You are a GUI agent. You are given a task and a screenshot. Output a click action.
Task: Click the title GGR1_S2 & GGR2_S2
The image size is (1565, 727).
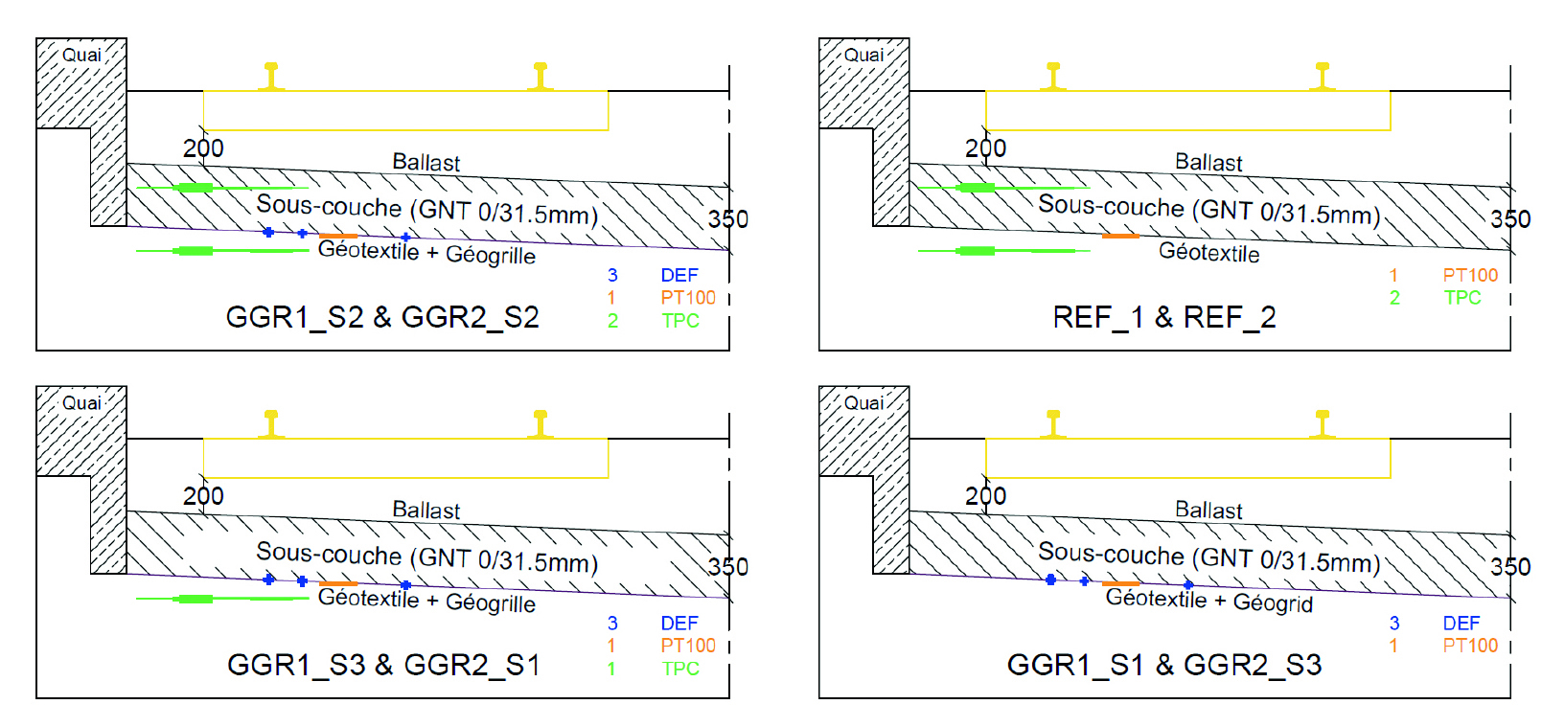[382, 317]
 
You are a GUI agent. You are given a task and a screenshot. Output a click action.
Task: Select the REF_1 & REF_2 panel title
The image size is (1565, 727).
[1164, 317]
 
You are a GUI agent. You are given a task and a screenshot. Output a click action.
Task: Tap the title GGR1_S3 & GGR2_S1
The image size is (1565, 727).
[383, 665]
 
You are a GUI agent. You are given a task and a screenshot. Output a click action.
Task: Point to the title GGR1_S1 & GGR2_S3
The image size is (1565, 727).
[1164, 665]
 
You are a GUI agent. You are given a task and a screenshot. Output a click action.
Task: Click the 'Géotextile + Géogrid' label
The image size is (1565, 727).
[1209, 601]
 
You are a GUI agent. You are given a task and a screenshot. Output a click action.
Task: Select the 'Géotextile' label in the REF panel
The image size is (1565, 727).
[1208, 252]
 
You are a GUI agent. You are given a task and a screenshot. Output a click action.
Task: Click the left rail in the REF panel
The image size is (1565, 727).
[1053, 77]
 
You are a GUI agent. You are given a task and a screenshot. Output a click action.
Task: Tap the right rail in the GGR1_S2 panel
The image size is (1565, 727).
[541, 77]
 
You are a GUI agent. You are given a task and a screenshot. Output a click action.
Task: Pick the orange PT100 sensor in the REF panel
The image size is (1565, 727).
[1120, 236]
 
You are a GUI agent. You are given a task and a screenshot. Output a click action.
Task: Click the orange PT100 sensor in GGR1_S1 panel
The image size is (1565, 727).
[1120, 584]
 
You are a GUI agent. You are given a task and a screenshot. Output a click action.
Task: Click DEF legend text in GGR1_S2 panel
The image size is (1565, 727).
[679, 275]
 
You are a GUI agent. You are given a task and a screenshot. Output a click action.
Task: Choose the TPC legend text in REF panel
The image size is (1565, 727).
[1462, 298]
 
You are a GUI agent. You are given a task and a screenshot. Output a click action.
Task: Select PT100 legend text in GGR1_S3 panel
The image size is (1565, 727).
[688, 646]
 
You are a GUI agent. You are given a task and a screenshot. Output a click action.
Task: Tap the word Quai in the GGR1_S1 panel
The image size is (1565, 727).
[864, 403]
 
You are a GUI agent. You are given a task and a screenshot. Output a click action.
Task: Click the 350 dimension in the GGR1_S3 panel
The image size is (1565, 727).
[728, 566]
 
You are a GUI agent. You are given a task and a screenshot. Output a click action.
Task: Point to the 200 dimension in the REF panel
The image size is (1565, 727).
[986, 148]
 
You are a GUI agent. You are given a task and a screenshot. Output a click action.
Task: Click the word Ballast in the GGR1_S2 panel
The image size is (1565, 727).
[426, 162]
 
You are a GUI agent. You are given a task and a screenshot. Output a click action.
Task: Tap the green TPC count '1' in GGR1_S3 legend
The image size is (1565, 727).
[611, 669]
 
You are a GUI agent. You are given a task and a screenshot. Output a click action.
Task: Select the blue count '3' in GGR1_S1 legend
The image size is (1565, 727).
[1393, 623]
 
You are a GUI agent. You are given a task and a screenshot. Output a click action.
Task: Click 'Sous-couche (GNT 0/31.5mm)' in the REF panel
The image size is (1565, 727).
[1209, 210]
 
